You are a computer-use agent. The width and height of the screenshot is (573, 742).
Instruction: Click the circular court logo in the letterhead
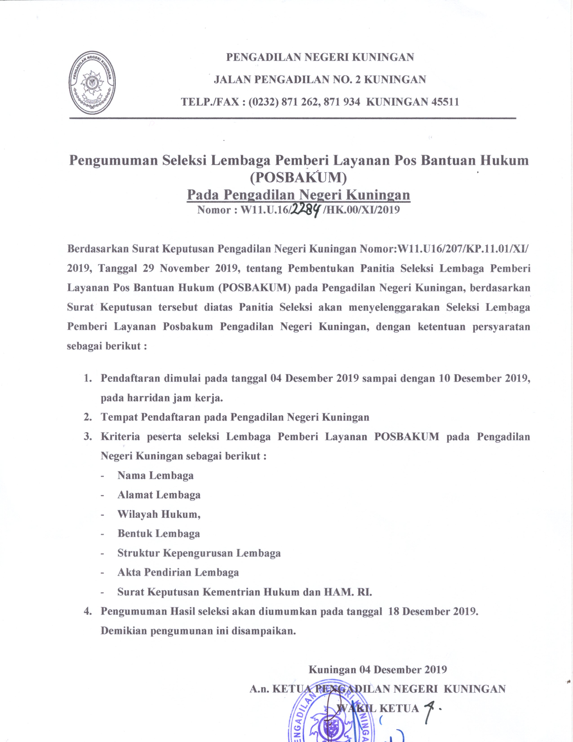92,83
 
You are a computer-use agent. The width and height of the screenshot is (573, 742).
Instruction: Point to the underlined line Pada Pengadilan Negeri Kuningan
298,195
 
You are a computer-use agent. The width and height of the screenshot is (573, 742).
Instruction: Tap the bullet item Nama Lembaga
155,475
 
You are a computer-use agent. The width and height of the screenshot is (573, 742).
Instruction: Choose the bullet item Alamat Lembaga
159,495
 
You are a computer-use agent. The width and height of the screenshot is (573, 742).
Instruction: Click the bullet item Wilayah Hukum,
159,514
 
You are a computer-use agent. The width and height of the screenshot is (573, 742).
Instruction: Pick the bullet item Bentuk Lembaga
158,533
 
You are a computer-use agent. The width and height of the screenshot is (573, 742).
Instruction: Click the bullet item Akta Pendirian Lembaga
178,572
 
